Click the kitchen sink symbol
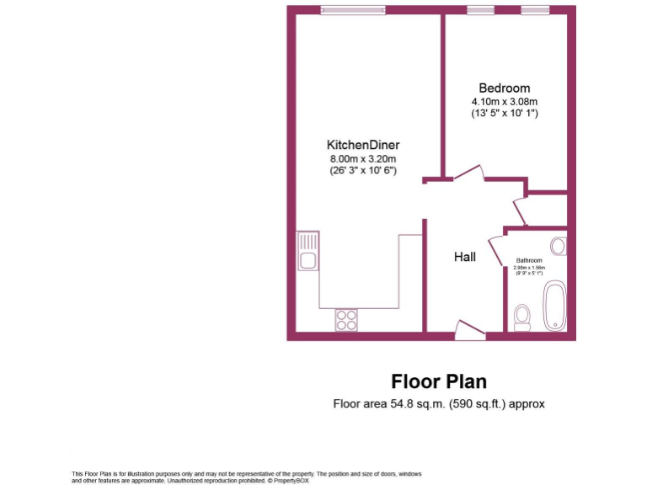pyautogui.click(x=308, y=251)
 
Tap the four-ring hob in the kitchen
pyautogui.click(x=346, y=319)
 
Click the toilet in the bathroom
pyautogui.click(x=522, y=316)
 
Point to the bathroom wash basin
pyautogui.click(x=558, y=246)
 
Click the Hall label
pyautogui.click(x=465, y=257)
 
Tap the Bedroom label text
pyautogui.click(x=504, y=88)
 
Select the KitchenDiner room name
pyautogui.click(x=363, y=144)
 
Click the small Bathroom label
pyautogui.click(x=529, y=261)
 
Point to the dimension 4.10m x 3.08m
pyautogui.click(x=504, y=101)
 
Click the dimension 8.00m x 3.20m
pyautogui.click(x=363, y=158)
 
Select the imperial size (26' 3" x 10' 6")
pyautogui.click(x=363, y=170)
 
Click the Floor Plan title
pyautogui.click(x=438, y=381)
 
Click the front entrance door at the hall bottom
pyautogui.click(x=468, y=330)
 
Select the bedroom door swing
pyautogui.click(x=468, y=173)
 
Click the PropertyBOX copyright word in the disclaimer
pyautogui.click(x=287, y=481)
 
